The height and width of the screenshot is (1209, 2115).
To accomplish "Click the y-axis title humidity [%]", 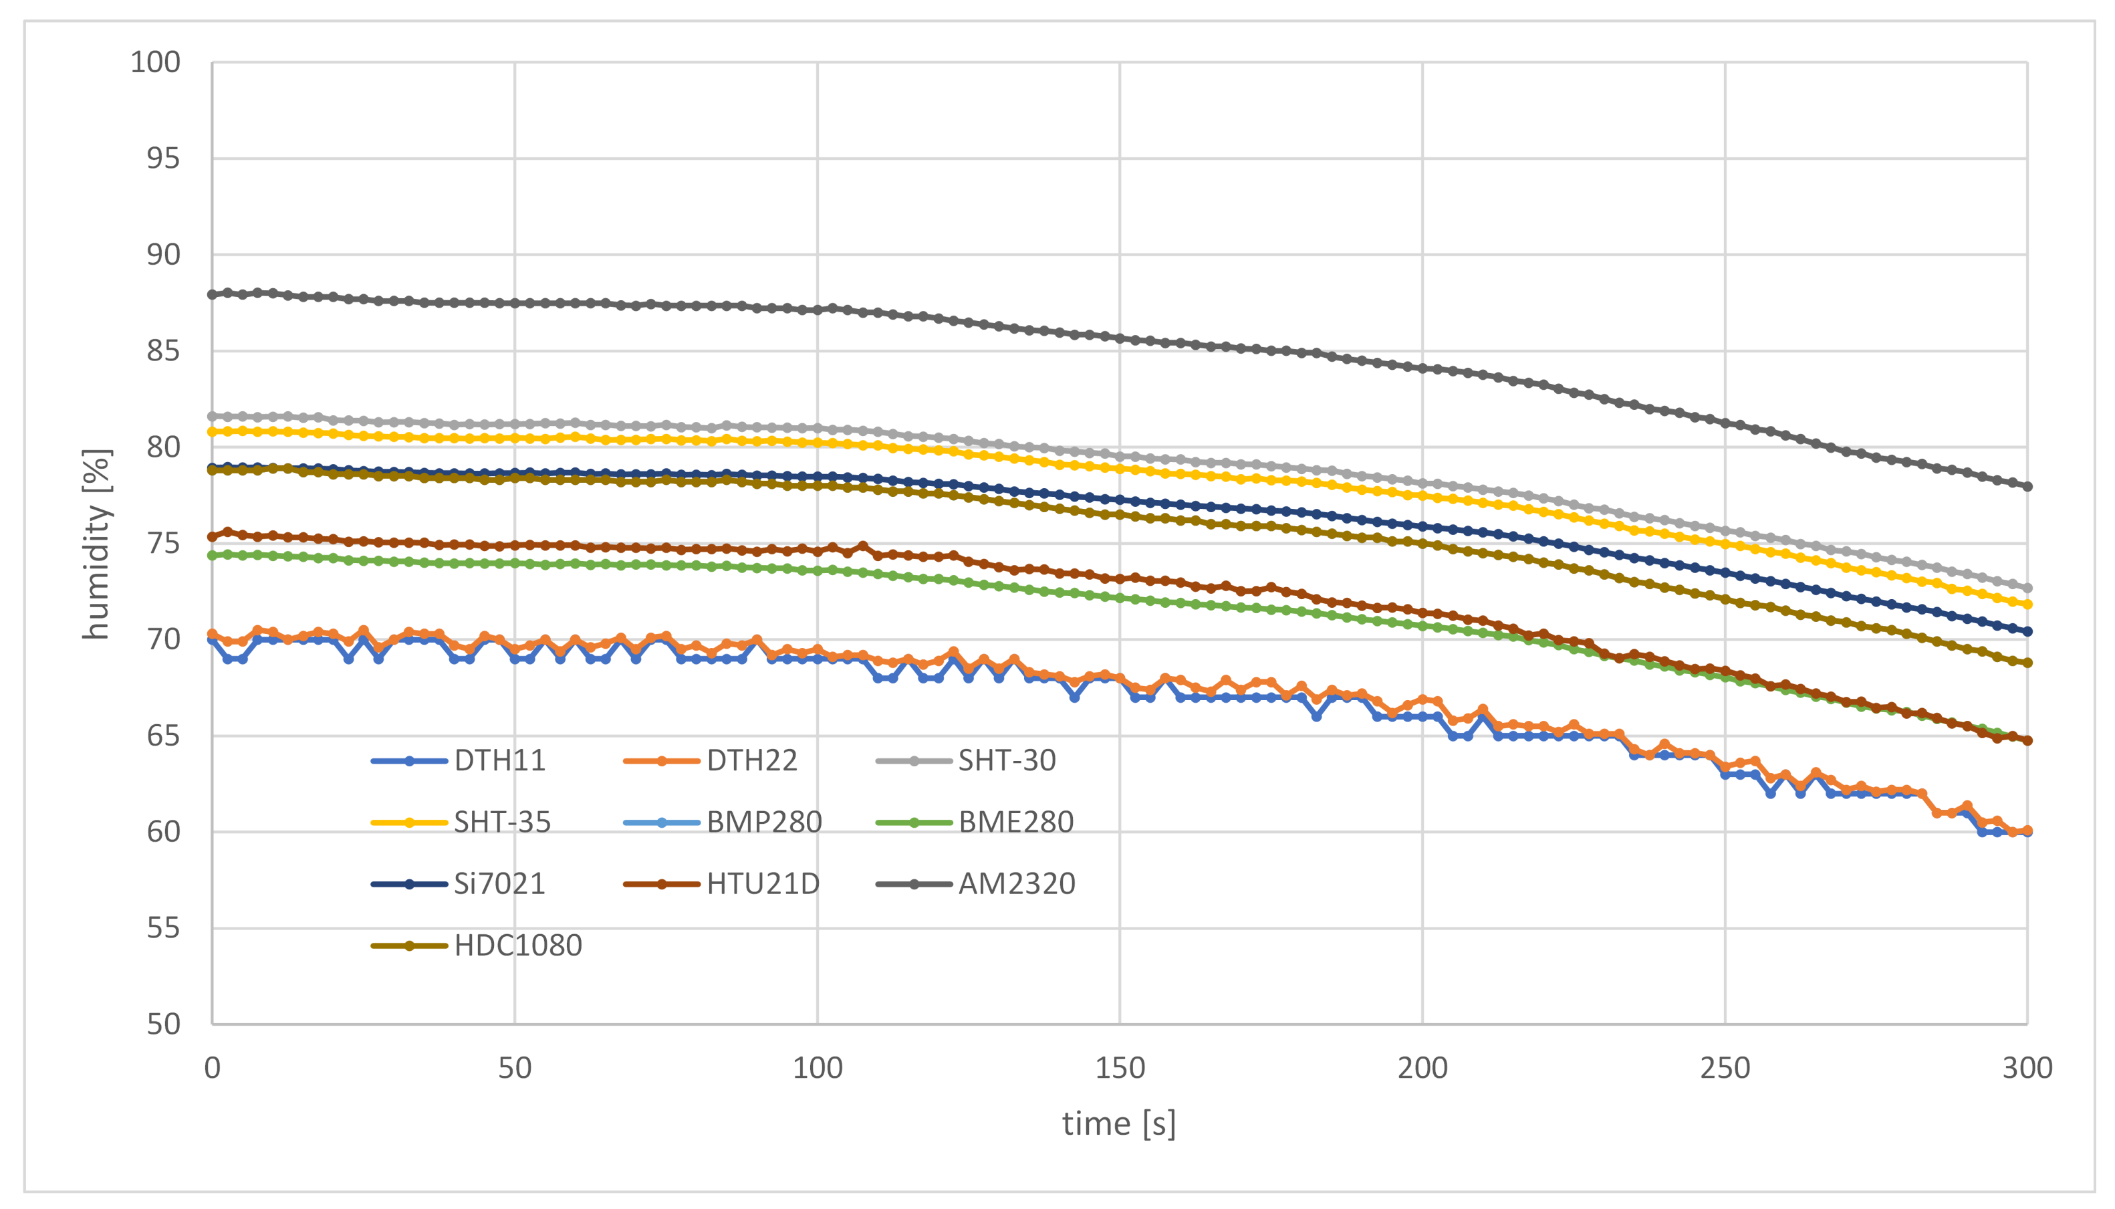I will pos(96,544).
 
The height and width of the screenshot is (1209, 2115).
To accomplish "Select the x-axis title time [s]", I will pos(1119,1123).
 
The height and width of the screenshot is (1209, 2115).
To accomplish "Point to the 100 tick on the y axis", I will pos(155,62).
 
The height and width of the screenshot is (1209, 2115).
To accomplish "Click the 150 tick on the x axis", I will pos(1120,1068).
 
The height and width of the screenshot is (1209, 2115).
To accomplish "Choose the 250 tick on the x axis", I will pos(1725,1068).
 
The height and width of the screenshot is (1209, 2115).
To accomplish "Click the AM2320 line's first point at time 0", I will pos(213,295).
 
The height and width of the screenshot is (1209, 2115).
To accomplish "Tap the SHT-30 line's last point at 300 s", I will pos(2027,588).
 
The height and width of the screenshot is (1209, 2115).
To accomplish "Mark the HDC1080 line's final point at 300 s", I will pos(2027,663).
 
